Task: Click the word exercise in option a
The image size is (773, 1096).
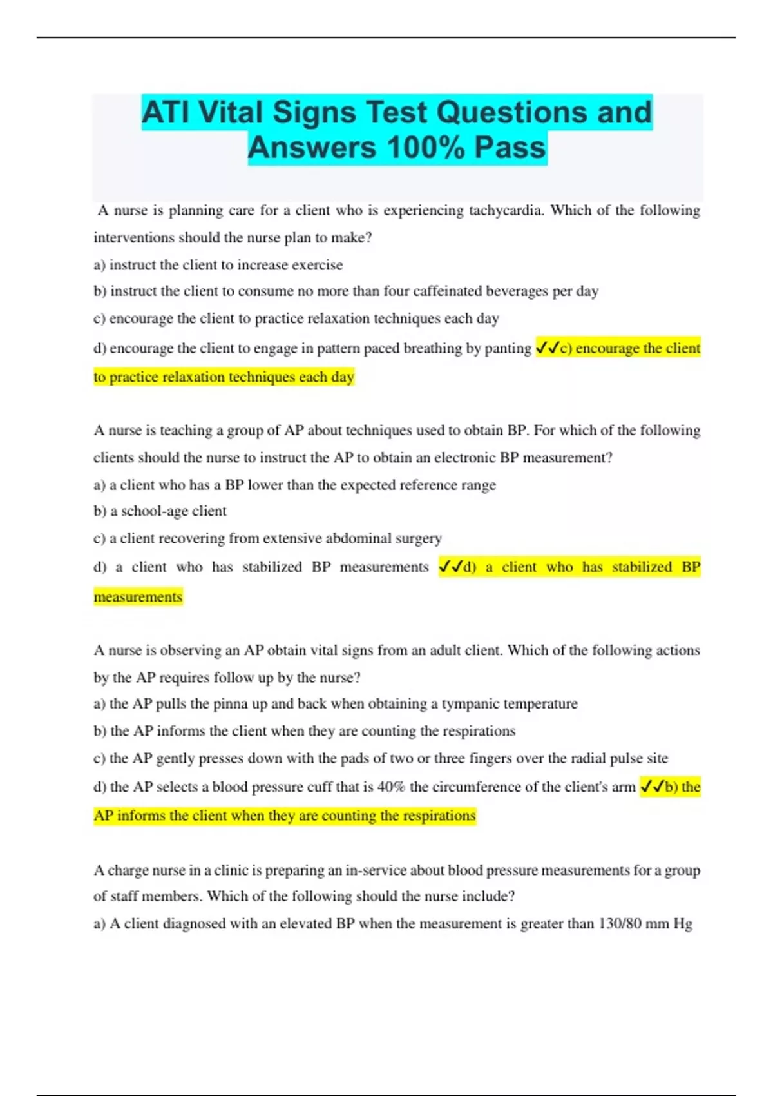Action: tap(317, 265)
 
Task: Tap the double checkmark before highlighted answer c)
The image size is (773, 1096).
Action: tap(547, 348)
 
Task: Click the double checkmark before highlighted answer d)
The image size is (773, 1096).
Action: tap(450, 567)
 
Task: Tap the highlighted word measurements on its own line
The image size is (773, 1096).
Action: tap(138, 597)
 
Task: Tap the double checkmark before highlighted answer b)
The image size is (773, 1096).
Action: tap(652, 787)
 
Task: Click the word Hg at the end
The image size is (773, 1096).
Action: tap(683, 924)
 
